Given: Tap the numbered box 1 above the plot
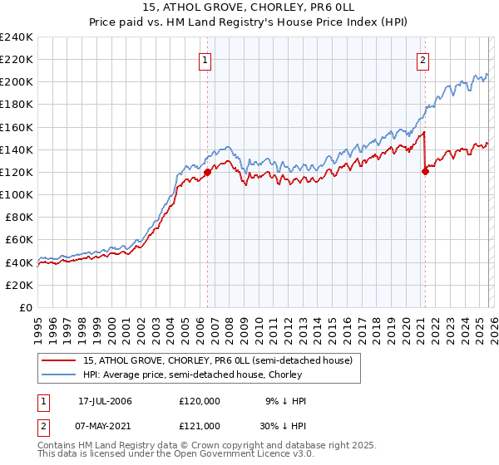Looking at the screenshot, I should coord(205,59).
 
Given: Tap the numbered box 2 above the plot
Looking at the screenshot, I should coord(423,59).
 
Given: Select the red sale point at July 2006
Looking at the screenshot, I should coord(207,172).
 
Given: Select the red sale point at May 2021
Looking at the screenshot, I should coord(425,171).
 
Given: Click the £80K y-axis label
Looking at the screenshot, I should coord(18,217).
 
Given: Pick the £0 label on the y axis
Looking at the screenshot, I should coord(25,306).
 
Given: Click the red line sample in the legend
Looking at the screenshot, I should coord(60,360).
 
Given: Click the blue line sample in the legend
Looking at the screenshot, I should coord(60,374).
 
